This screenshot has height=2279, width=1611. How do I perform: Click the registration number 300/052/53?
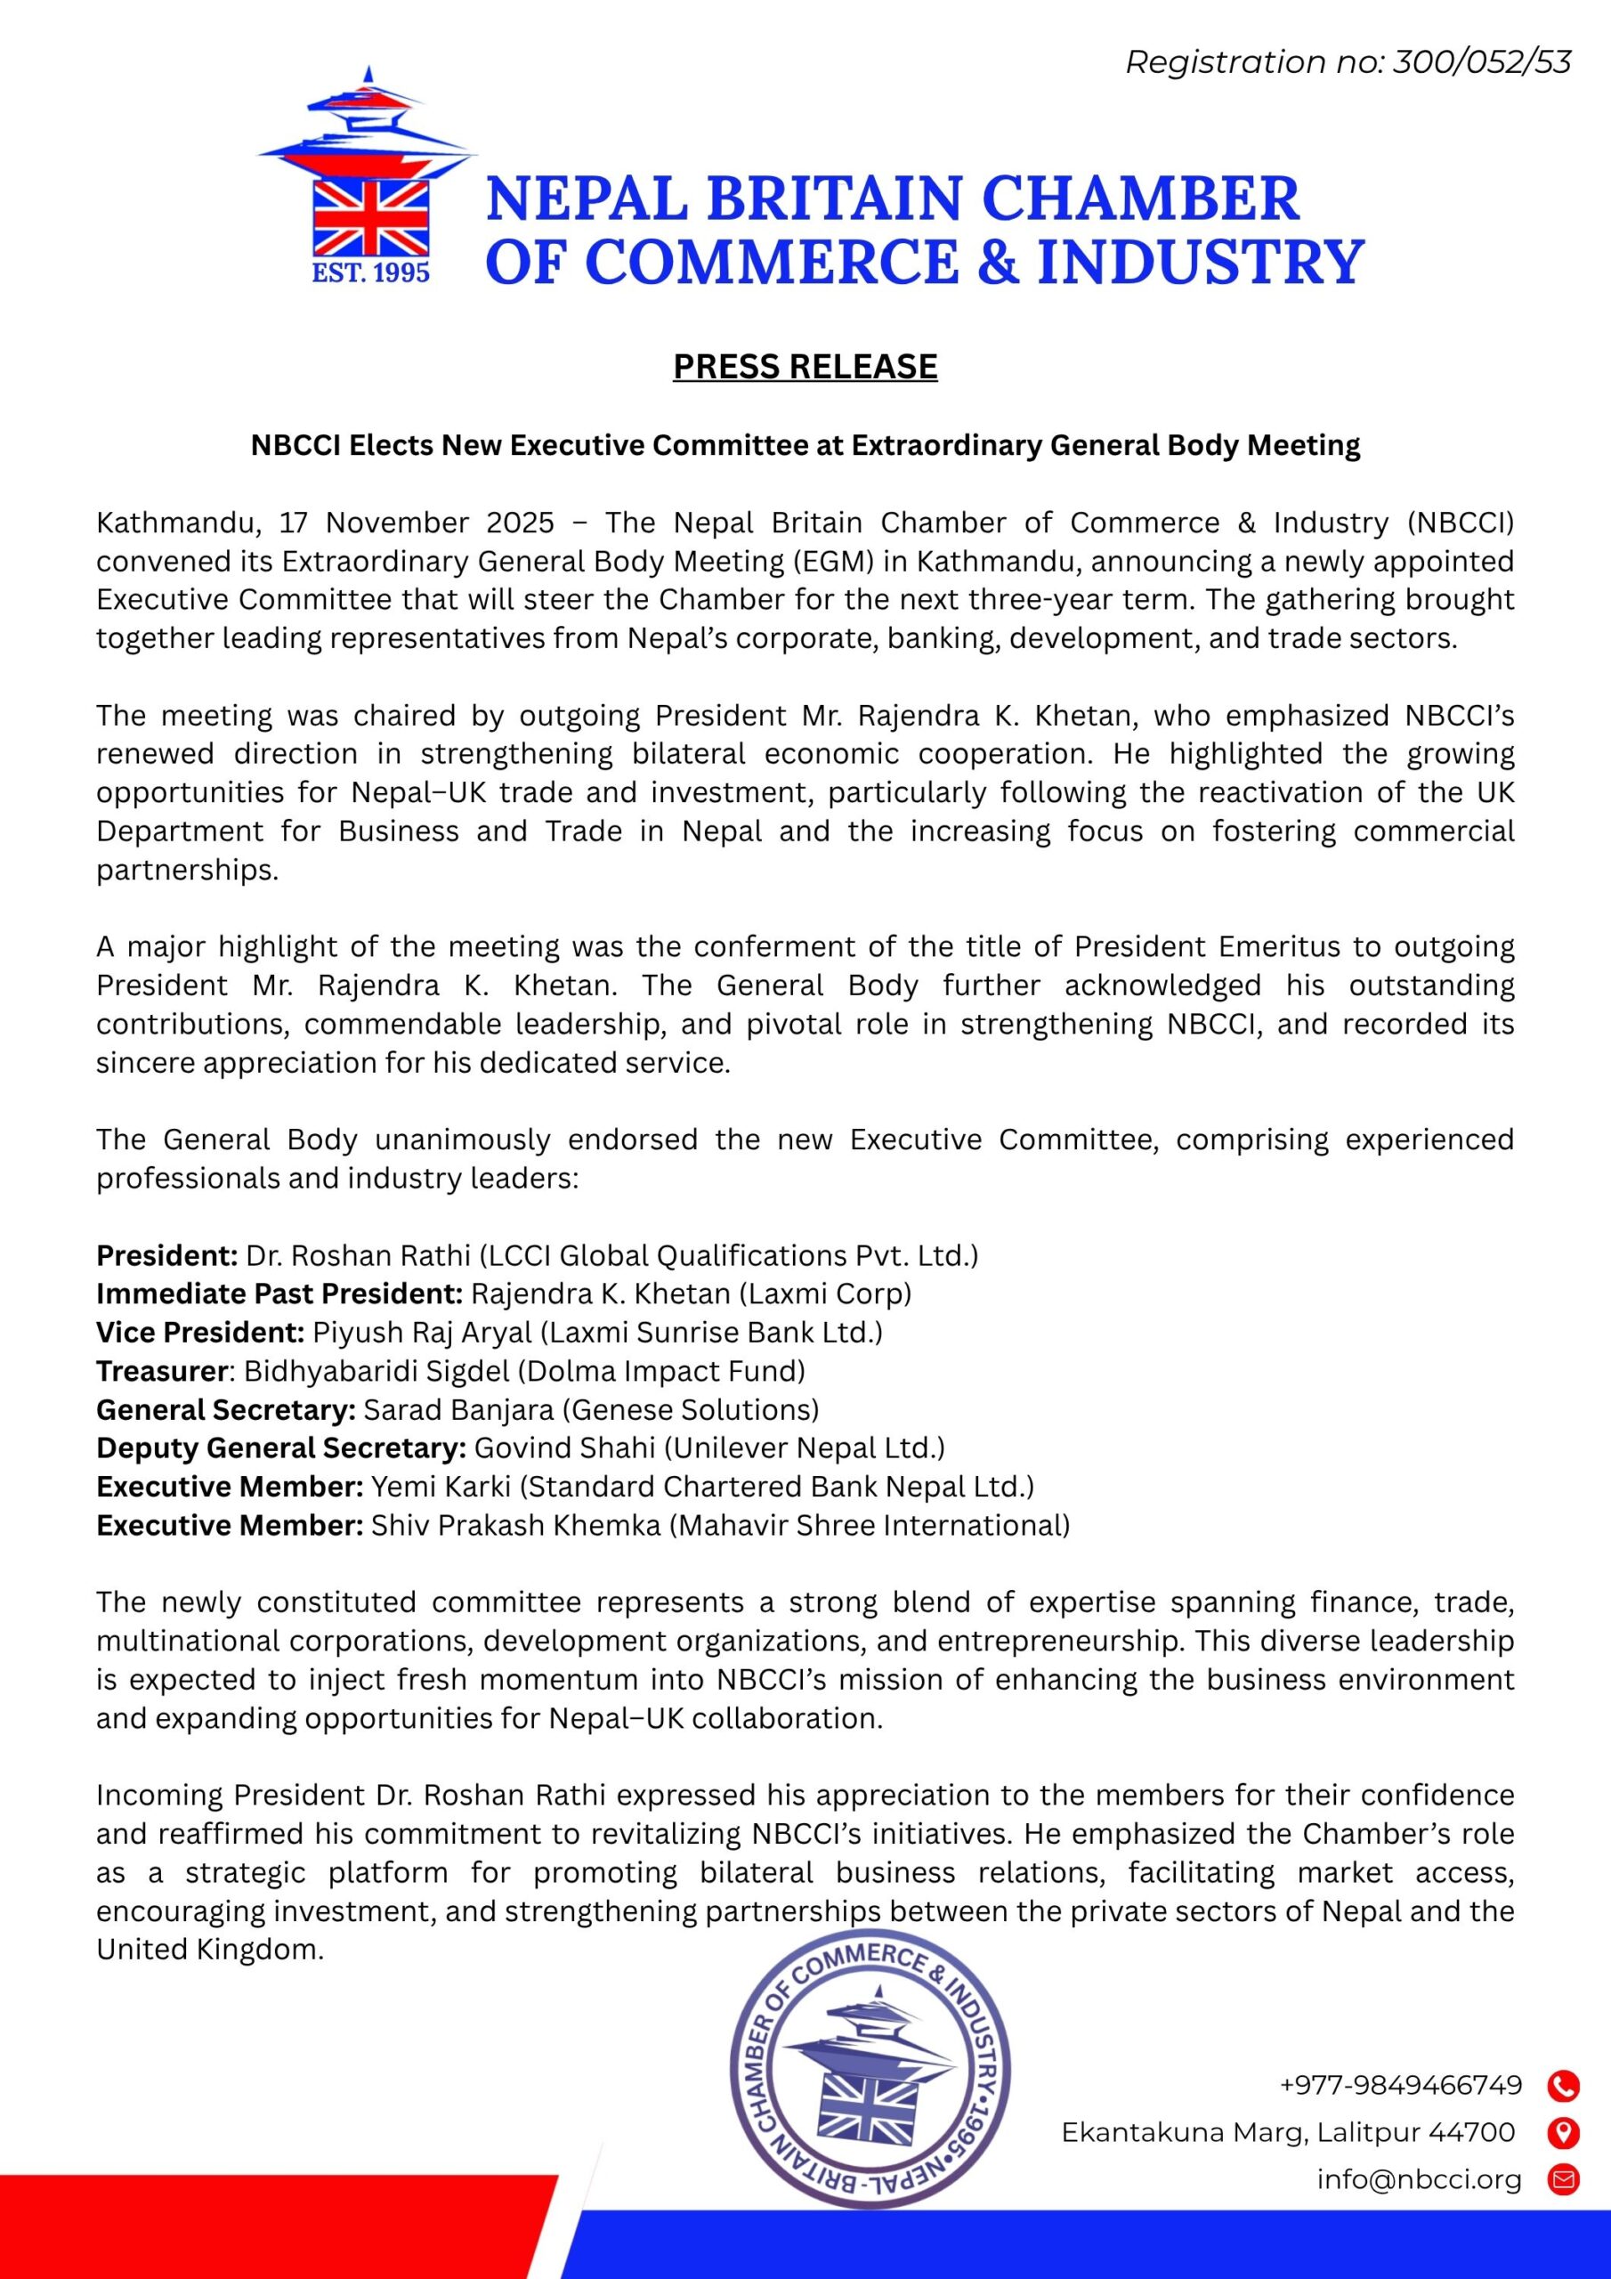point(1482,62)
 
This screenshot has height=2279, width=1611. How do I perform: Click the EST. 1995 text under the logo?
point(371,273)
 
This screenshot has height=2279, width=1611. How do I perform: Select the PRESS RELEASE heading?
point(805,368)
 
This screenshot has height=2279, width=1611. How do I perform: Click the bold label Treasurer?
point(163,1372)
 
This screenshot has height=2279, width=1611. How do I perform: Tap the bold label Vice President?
point(199,1333)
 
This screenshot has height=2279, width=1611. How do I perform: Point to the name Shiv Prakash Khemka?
point(516,1526)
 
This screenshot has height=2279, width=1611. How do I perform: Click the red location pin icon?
point(1563,2132)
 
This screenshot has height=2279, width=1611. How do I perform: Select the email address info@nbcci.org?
point(1420,2180)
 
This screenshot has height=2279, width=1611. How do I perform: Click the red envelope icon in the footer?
point(1563,2180)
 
